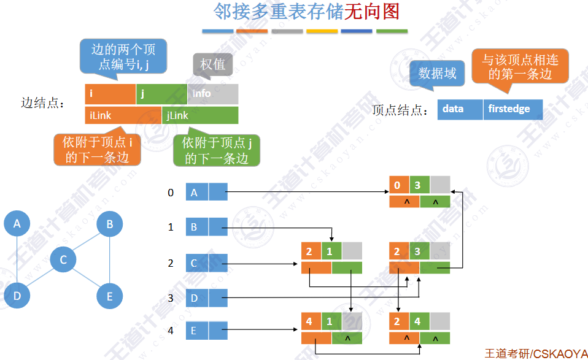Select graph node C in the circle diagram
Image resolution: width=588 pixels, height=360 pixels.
coord(63,261)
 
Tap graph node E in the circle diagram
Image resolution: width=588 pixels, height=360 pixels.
coord(110,297)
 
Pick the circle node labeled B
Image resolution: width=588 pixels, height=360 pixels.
coord(110,224)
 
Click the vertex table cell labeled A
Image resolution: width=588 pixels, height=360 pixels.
coord(196,193)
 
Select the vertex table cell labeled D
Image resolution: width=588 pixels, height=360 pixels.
coord(196,298)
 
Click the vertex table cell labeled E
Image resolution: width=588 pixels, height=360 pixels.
coord(196,331)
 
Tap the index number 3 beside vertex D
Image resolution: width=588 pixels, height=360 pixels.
coord(171,298)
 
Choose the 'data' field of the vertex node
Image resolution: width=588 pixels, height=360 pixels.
coord(460,109)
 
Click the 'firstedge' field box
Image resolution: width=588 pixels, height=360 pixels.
coord(513,109)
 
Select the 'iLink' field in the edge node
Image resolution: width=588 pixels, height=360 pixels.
coord(123,115)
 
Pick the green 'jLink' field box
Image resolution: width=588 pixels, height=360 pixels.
coord(200,115)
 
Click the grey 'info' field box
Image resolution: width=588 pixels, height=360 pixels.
coord(213,94)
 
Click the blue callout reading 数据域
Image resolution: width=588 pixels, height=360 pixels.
coord(437,74)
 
